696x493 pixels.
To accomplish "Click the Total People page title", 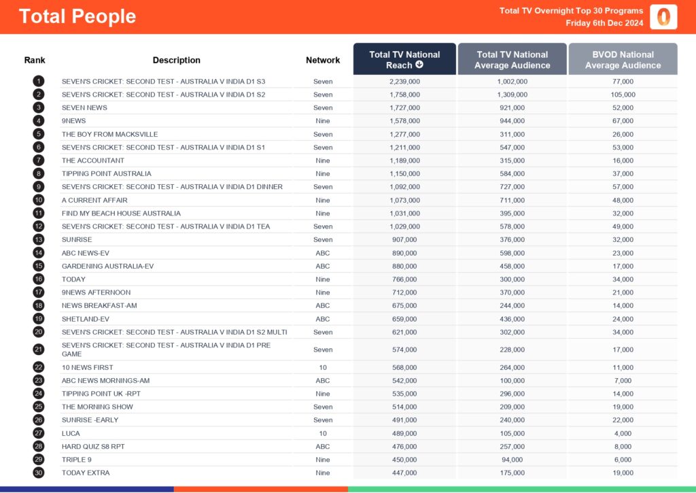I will click(x=77, y=16).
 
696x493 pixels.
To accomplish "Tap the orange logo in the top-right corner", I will click(x=663, y=17).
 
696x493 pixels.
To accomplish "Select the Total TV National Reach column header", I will click(x=404, y=60).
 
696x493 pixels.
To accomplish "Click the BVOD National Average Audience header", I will click(x=623, y=60).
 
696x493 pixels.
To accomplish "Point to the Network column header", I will click(x=323, y=60).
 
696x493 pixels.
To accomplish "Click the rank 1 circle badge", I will click(x=39, y=82).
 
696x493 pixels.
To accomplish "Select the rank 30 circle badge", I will click(x=39, y=473).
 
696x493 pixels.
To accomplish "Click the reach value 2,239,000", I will click(x=404, y=82).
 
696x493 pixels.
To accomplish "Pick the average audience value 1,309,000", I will click(x=512, y=95).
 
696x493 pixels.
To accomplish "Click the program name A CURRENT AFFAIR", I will click(x=94, y=200).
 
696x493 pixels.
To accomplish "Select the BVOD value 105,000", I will click(x=623, y=95).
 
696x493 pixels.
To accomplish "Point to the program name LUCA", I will click(x=71, y=433).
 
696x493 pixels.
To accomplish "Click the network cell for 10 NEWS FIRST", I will click(x=323, y=367).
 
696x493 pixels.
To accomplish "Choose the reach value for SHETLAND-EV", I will click(x=404, y=319).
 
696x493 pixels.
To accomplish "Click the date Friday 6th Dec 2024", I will click(x=604, y=23).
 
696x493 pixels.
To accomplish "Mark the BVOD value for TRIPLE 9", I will click(x=623, y=460).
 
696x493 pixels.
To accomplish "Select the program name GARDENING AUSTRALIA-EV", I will click(x=107, y=266).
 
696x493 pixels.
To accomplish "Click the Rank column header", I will click(x=35, y=60).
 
